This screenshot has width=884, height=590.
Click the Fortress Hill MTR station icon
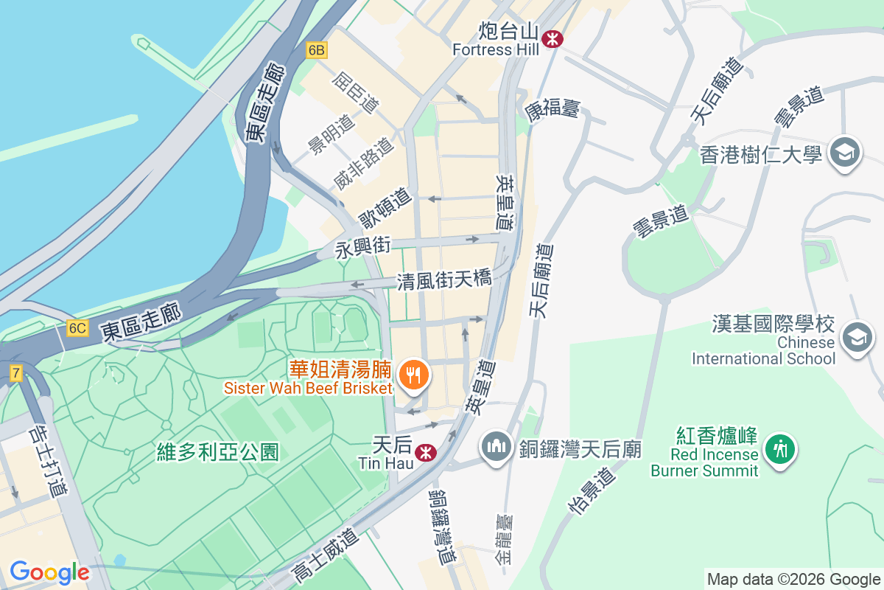(551, 39)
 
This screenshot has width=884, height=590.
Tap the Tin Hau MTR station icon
(424, 452)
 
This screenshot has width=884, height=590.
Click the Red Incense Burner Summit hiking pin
(779, 449)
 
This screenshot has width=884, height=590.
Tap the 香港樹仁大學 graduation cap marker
(843, 153)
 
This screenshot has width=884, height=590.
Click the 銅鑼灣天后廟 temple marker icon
(497, 447)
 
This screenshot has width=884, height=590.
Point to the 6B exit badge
(317, 50)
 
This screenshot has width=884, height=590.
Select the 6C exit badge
(77, 328)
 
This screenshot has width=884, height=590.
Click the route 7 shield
(15, 372)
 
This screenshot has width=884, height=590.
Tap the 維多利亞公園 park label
(218, 452)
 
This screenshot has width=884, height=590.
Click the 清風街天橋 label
(443, 281)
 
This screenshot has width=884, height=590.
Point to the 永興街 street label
(362, 247)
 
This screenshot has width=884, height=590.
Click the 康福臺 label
(552, 110)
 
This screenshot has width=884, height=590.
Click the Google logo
(49, 572)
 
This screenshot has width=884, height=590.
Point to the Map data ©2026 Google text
(793, 579)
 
